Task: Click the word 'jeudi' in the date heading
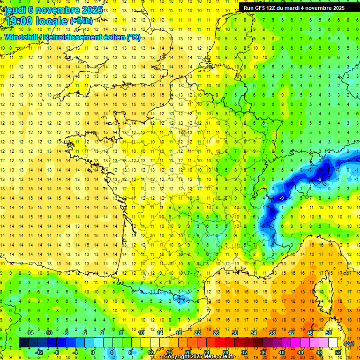point(16,9)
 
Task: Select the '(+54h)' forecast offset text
point(81,21)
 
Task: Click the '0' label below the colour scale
point(93,352)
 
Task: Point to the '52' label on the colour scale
point(337,352)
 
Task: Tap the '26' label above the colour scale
point(216,333)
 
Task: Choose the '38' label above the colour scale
point(272,333)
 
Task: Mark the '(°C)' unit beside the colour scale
point(349,343)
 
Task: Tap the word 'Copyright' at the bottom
point(178,357)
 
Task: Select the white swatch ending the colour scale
point(333,343)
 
